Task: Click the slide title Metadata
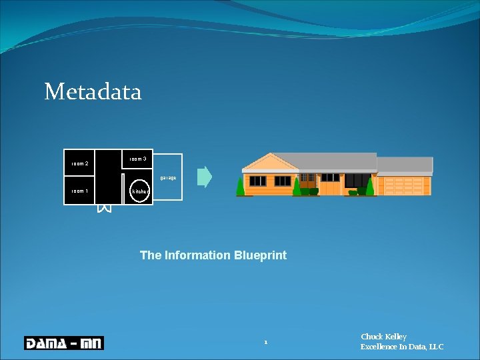pyautogui.click(x=93, y=91)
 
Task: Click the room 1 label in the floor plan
pyautogui.click(x=80, y=191)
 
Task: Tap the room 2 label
pyautogui.click(x=80, y=163)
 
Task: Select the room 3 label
pyautogui.click(x=138, y=159)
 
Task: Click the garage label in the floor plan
pyautogui.click(x=168, y=178)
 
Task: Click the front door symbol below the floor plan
pyautogui.click(x=103, y=209)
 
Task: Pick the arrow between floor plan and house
pyautogui.click(x=205, y=177)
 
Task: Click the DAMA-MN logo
pyautogui.click(x=64, y=343)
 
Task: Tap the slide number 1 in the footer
pyautogui.click(x=265, y=343)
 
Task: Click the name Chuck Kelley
pyautogui.click(x=383, y=337)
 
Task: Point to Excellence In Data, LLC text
pyautogui.click(x=401, y=347)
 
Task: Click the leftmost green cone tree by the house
pyautogui.click(x=241, y=187)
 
